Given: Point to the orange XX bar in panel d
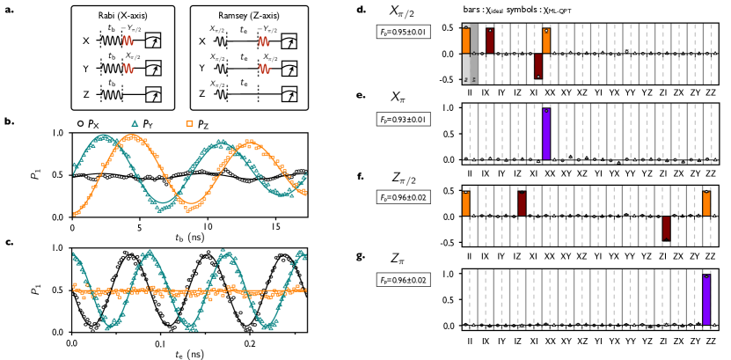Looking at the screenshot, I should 546,40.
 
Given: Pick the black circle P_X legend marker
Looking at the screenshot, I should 80,123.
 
